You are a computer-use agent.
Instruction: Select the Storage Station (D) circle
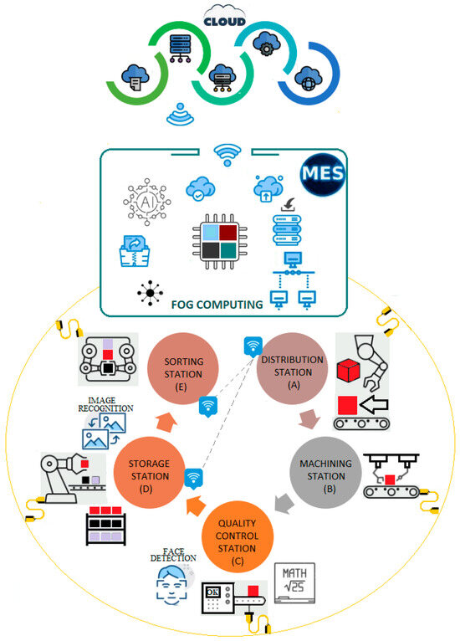coord(151,474)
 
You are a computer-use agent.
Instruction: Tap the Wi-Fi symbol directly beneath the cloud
coord(180,115)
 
